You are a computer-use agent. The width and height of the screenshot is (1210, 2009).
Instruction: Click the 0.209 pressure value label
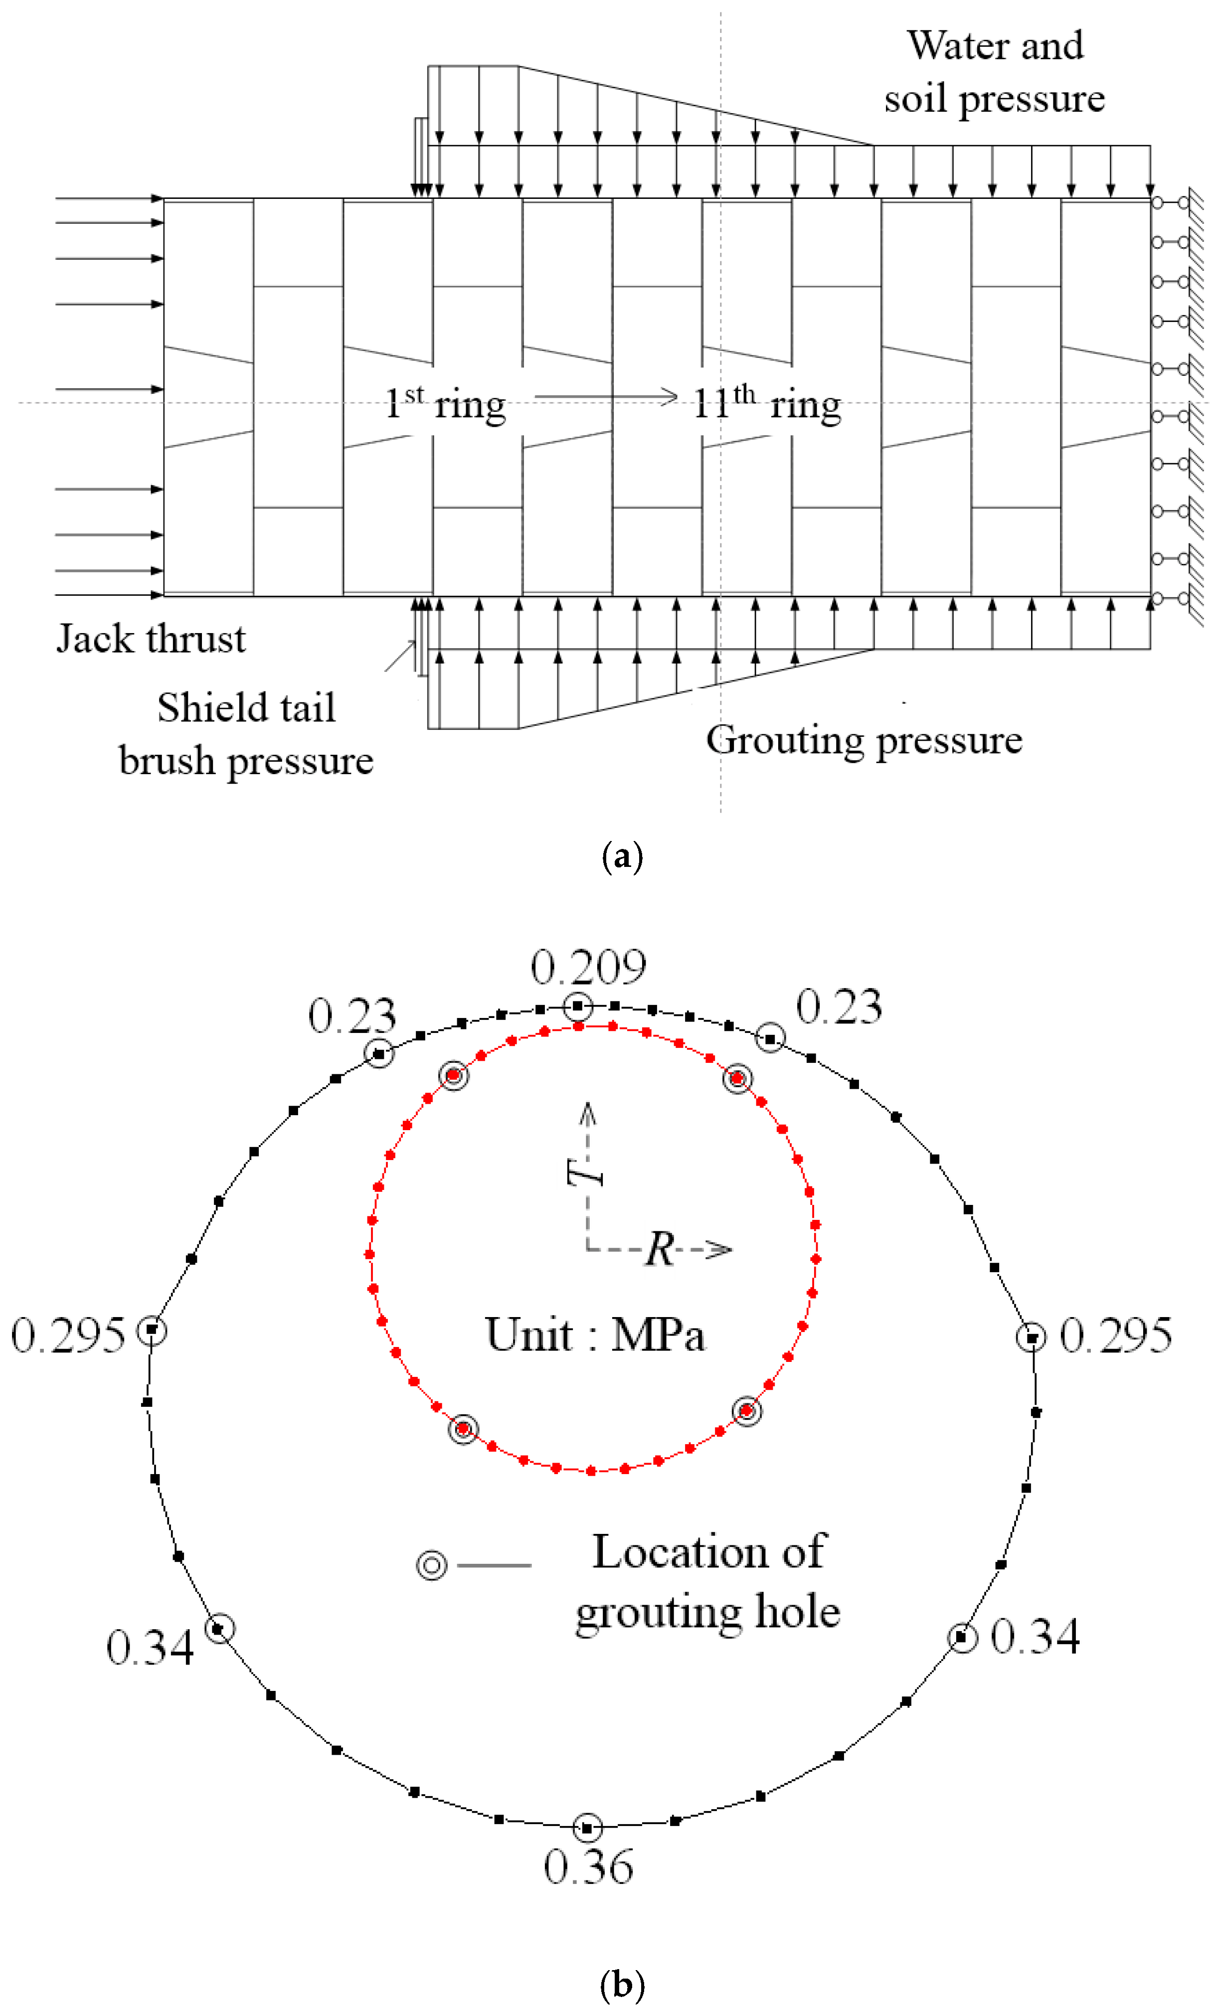click(x=588, y=967)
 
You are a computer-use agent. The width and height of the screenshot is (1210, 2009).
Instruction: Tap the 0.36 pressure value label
click(x=588, y=1866)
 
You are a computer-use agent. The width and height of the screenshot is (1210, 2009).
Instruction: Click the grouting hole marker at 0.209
click(x=578, y=1006)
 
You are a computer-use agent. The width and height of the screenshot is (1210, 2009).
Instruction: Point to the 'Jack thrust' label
click(x=151, y=639)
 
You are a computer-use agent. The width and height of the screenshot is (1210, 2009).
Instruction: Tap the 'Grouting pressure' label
click(x=864, y=740)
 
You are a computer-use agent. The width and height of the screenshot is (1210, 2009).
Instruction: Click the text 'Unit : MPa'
click(x=595, y=1336)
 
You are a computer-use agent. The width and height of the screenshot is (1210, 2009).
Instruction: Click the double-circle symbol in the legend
click(x=432, y=1565)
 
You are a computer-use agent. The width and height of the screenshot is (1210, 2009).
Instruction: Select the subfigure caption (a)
click(x=622, y=857)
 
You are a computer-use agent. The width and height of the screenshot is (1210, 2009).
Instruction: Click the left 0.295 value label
click(x=68, y=1336)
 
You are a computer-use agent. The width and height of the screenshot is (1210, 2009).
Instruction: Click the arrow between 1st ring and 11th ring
click(x=606, y=397)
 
